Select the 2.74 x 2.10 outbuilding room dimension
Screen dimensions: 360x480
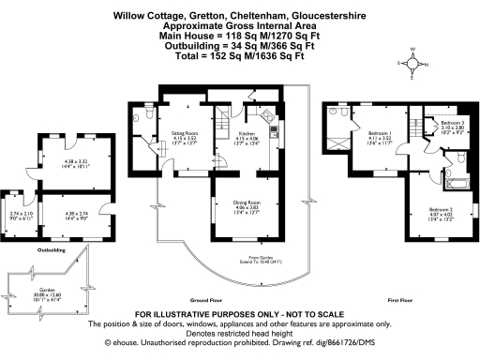(20, 216)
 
